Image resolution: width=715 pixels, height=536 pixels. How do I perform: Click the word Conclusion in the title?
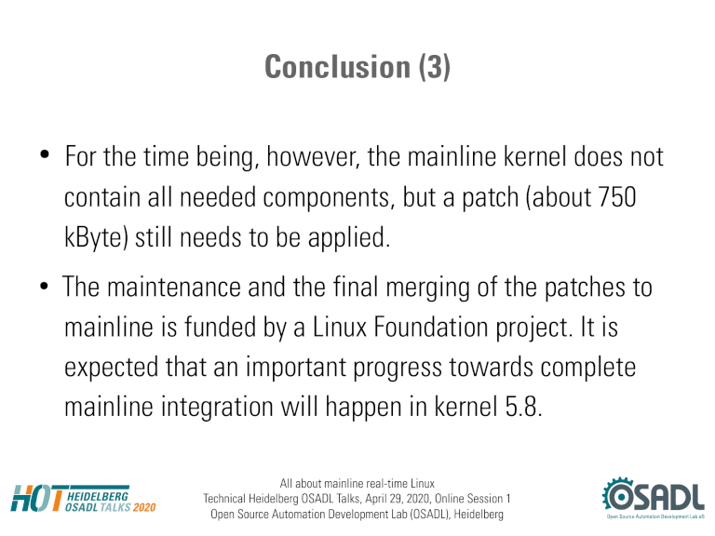[337, 67]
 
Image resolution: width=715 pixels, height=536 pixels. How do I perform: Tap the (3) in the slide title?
[435, 67]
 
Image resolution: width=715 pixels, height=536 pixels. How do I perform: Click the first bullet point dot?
[45, 154]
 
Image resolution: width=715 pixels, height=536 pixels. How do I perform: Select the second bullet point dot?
[44, 287]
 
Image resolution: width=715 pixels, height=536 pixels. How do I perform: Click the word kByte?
[96, 238]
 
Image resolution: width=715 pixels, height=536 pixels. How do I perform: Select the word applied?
[349, 238]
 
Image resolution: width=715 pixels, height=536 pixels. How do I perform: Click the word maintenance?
[174, 288]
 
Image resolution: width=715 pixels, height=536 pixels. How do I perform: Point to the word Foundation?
[431, 327]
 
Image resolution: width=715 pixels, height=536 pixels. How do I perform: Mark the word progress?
[398, 368]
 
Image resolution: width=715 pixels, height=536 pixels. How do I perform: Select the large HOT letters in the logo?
[37, 498]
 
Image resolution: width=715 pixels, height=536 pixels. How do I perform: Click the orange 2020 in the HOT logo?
[144, 507]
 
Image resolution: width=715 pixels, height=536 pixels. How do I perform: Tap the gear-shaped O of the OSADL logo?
[619, 495]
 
